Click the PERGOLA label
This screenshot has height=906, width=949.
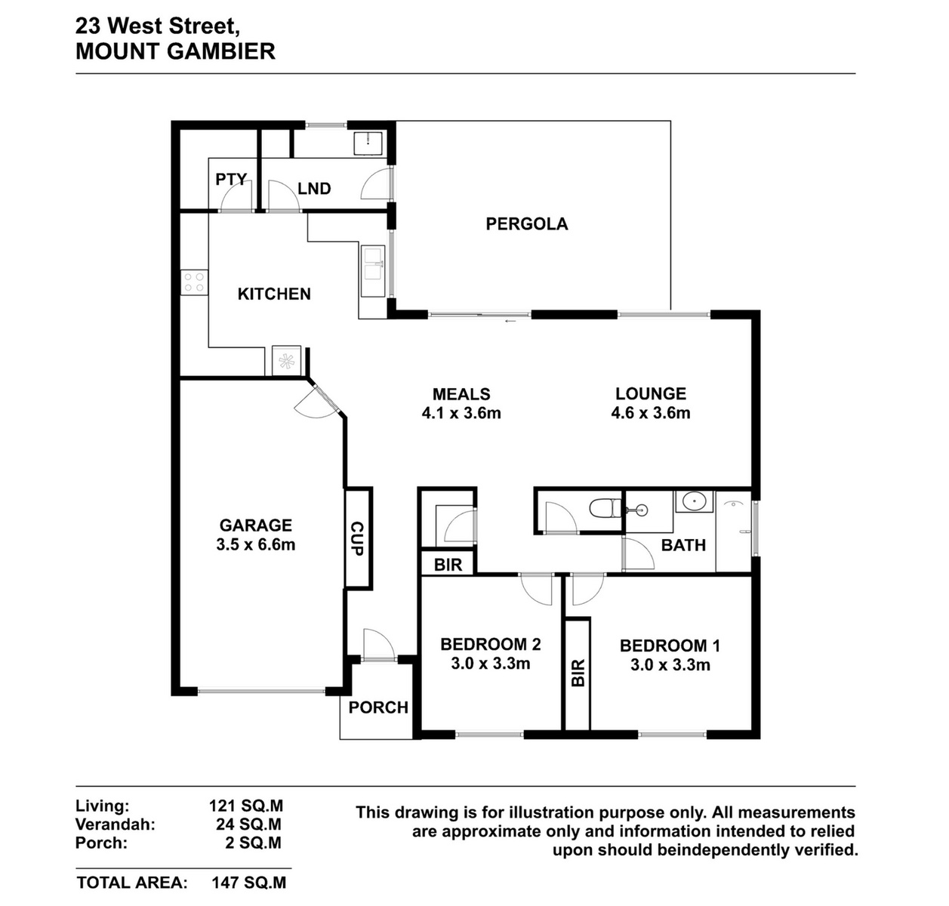[527, 223]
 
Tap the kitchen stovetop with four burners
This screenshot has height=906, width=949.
[194, 282]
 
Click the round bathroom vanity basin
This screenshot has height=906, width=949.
[694, 501]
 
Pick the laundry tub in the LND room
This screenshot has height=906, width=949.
[368, 143]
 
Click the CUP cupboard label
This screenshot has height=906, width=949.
[357, 538]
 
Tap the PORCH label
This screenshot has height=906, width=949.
[378, 707]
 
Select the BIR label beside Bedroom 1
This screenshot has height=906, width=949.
[578, 673]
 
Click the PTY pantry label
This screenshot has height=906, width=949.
[231, 179]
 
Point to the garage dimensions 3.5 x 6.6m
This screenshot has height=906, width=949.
[255, 544]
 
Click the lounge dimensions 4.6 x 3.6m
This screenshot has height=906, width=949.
[651, 413]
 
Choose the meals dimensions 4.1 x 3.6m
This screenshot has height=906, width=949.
[461, 414]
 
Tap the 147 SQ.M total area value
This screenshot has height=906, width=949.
[248, 883]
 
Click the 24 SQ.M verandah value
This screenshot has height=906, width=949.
[248, 824]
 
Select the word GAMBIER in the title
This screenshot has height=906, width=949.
[223, 51]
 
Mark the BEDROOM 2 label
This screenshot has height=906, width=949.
[491, 644]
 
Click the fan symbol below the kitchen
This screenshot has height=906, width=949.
[286, 362]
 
